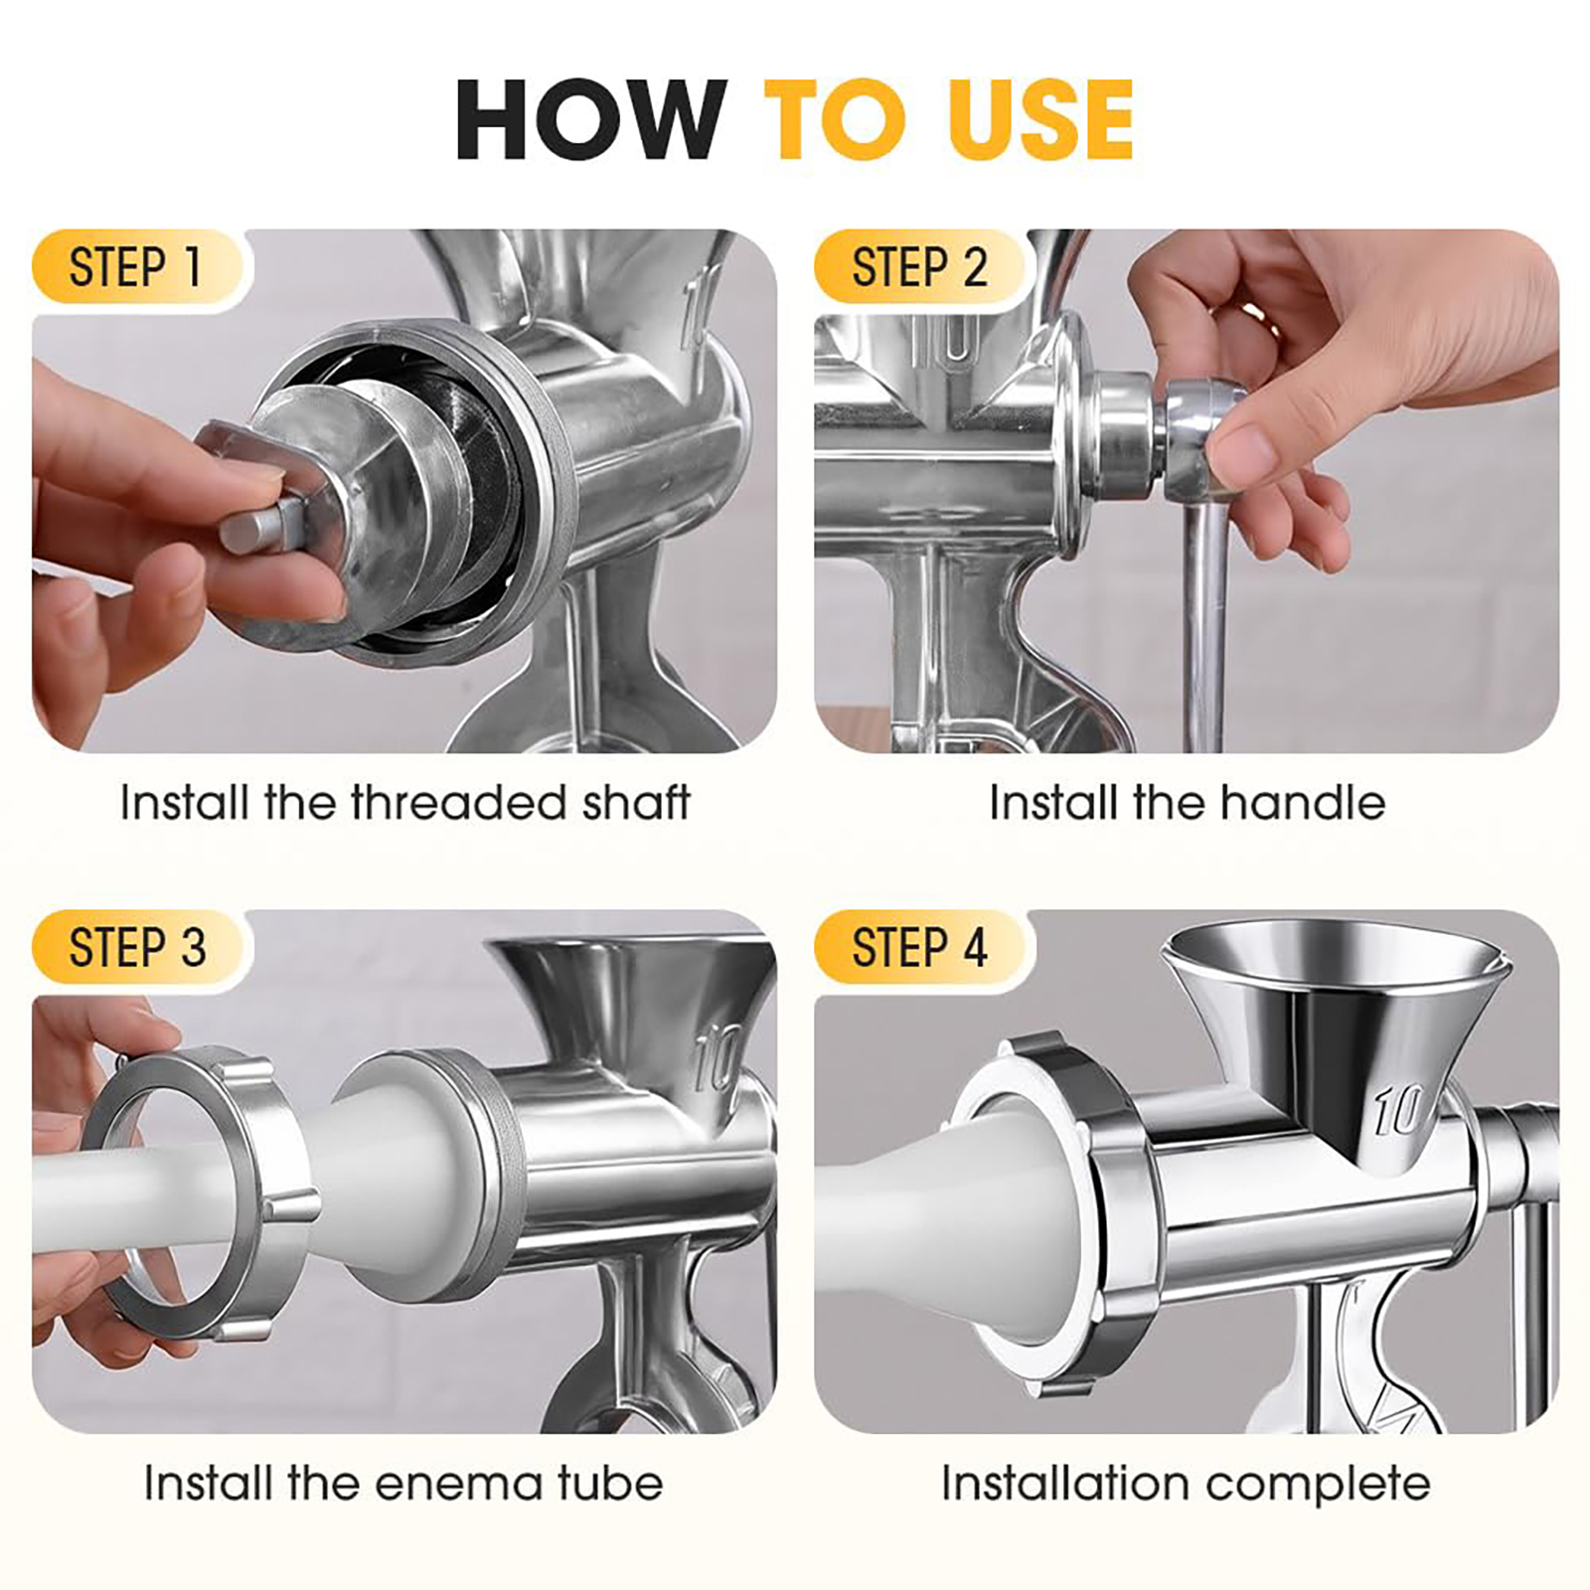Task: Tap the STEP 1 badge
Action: (x=138, y=266)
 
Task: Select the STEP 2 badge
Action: (x=920, y=266)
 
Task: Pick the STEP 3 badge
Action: (x=138, y=947)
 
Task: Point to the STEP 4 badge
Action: (x=920, y=947)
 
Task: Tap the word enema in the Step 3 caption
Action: (x=460, y=1484)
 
